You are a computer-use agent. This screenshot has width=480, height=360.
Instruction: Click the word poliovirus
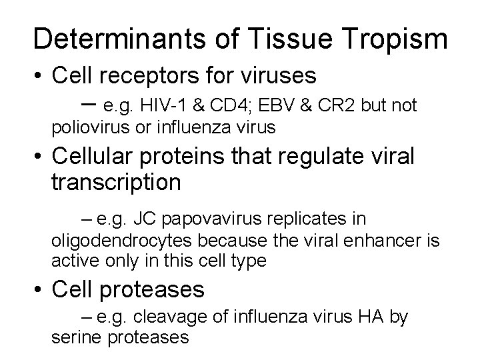click(84, 127)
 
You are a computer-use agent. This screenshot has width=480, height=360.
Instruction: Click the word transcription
click(115, 182)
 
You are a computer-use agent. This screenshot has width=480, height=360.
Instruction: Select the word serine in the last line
click(73, 337)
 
